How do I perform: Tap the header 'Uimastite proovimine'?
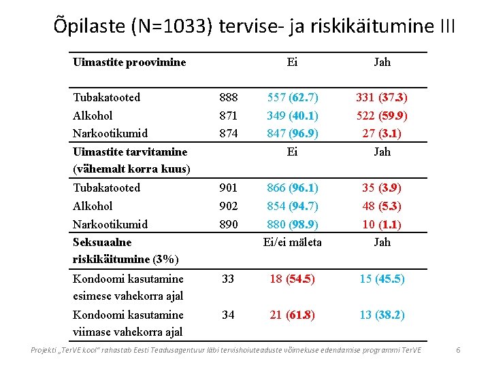pyautogui.click(x=129, y=63)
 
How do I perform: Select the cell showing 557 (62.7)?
pyautogui.click(x=293, y=97)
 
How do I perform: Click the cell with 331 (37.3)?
pyautogui.click(x=382, y=97)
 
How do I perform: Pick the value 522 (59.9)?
pyautogui.click(x=382, y=116)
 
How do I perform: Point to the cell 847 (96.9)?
pyautogui.click(x=293, y=133)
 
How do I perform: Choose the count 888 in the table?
pyautogui.click(x=229, y=97)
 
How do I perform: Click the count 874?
pyautogui.click(x=229, y=133)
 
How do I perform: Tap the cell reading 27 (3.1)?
pyautogui.click(x=382, y=133)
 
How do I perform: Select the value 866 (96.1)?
pyautogui.click(x=293, y=188)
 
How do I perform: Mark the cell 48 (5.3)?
pyautogui.click(x=382, y=206)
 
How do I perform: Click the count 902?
pyautogui.click(x=229, y=206)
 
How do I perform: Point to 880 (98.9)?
pyautogui.click(x=293, y=224)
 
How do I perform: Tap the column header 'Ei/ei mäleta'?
pyautogui.click(x=293, y=242)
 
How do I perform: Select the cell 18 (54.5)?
pyautogui.click(x=293, y=279)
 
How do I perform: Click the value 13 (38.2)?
pyautogui.click(x=382, y=315)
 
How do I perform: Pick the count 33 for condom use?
pyautogui.click(x=229, y=279)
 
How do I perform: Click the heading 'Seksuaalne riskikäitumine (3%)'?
pyautogui.click(x=126, y=250)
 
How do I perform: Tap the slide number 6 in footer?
pyautogui.click(x=458, y=350)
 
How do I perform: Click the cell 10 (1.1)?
pyautogui.click(x=382, y=224)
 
